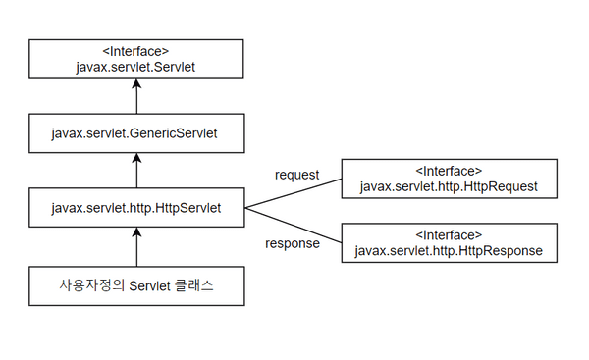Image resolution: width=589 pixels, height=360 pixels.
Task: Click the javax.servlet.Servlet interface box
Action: pyautogui.click(x=136, y=60)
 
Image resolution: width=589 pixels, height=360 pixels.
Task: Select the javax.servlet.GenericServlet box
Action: pyautogui.click(x=136, y=130)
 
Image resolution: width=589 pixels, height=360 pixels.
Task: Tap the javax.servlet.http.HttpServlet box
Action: pyautogui.click(x=136, y=208)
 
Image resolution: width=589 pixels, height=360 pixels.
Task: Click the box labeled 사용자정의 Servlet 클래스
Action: pyautogui.click(x=136, y=285)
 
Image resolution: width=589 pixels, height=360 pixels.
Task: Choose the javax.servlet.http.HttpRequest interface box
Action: pyautogui.click(x=449, y=178)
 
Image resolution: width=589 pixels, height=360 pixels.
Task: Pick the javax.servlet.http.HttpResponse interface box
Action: pyautogui.click(x=449, y=243)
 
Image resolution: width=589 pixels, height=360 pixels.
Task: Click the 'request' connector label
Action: pyautogui.click(x=297, y=175)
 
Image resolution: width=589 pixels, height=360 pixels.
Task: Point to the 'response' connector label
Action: pyautogui.click(x=294, y=243)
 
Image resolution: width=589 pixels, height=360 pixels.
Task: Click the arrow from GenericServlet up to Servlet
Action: pyautogui.click(x=136, y=96)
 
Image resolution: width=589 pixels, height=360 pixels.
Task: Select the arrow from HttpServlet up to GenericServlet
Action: pyautogui.click(x=136, y=169)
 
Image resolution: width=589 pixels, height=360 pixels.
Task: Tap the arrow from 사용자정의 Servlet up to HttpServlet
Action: pyautogui.click(x=136, y=247)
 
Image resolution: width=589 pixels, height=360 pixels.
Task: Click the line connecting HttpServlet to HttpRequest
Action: pyautogui.click(x=292, y=193)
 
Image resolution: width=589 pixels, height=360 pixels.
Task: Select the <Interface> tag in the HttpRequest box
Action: pyautogui.click(x=449, y=170)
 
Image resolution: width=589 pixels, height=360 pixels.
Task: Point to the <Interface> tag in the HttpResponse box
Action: pyautogui.click(x=449, y=235)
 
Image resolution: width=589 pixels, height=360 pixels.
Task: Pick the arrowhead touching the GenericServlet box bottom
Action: pyautogui.click(x=136, y=156)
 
